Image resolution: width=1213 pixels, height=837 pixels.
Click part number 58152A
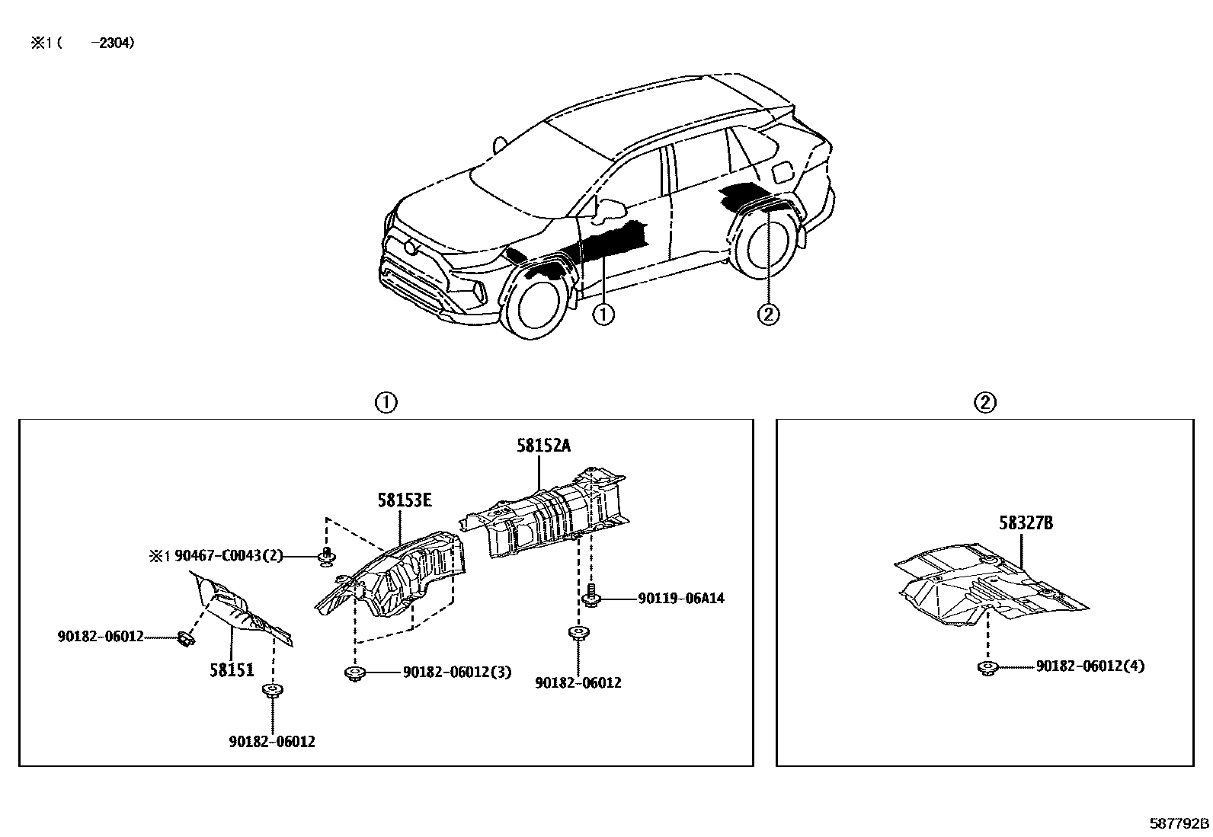pyautogui.click(x=542, y=446)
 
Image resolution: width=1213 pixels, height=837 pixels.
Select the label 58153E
pyautogui.click(x=404, y=500)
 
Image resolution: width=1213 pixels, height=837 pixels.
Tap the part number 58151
pyautogui.click(x=232, y=670)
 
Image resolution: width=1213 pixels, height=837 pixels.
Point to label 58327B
pyautogui.click(x=1026, y=523)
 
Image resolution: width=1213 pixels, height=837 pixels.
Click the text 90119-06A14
pyautogui.click(x=681, y=599)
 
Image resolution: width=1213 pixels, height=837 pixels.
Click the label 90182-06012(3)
pyautogui.click(x=457, y=672)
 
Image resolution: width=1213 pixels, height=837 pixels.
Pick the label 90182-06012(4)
pyautogui.click(x=1090, y=666)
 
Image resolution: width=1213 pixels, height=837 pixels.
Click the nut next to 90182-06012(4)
pyautogui.click(x=987, y=669)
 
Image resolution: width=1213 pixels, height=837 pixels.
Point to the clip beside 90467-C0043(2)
pyautogui.click(x=326, y=557)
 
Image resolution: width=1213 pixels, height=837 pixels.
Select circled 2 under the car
pyautogui.click(x=768, y=314)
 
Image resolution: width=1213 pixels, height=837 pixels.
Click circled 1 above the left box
pyautogui.click(x=386, y=402)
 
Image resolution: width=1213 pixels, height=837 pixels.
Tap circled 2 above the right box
pyautogui.click(x=985, y=402)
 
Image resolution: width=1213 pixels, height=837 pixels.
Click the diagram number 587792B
pyautogui.click(x=1179, y=823)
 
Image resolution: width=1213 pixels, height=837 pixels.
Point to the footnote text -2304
pyautogui.click(x=113, y=43)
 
